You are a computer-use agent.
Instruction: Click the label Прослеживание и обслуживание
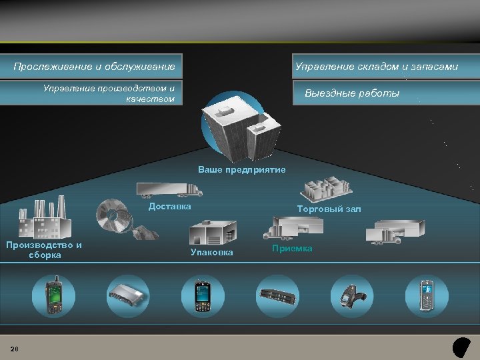tap(94, 67)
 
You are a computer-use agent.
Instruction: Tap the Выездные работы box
tap(352, 93)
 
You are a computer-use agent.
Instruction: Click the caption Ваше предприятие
tap(242, 170)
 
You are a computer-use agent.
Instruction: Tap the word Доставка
tap(169, 206)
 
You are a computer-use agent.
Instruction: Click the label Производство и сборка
tap(44, 249)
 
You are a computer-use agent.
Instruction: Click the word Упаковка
tap(212, 252)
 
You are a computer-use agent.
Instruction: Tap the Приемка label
tap(292, 248)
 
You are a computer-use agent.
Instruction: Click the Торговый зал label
tap(329, 209)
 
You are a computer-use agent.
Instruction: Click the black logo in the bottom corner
tap(461, 347)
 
